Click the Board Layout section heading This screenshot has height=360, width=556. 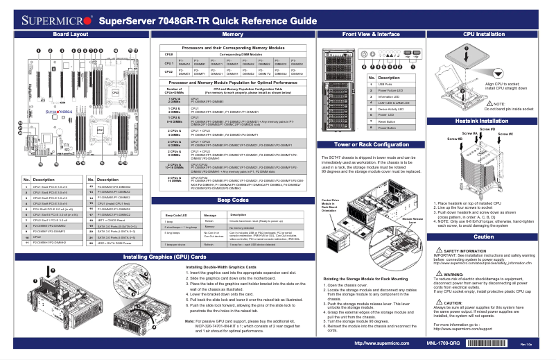[70, 33]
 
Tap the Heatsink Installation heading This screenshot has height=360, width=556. [484, 121]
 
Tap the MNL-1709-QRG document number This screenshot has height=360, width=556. [443, 343]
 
